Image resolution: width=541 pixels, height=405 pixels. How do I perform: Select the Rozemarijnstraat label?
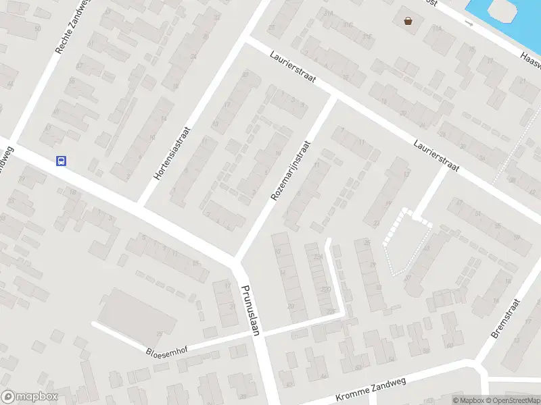point(290,171)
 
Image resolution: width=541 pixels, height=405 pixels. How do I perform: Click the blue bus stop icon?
point(61,161)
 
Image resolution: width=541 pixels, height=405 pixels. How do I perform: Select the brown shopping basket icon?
point(408,21)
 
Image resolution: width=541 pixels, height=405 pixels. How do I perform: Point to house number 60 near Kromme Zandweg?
point(449,346)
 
